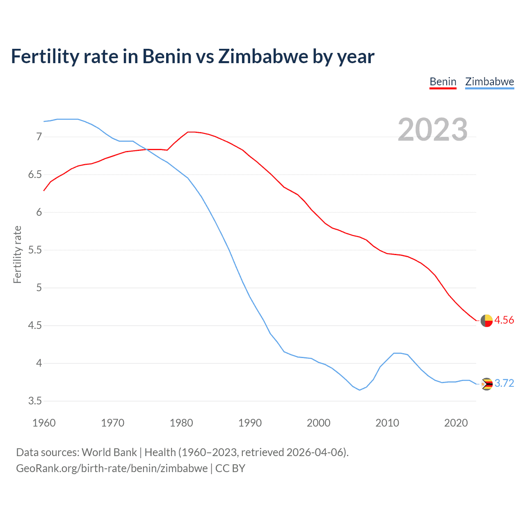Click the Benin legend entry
(443, 82)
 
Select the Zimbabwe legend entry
(489, 82)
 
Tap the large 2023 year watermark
(432, 130)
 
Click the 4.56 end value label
(504, 320)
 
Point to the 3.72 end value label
(504, 383)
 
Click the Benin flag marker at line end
(486, 320)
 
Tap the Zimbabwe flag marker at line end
(486, 384)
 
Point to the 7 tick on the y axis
(39, 137)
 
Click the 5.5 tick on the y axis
(35, 250)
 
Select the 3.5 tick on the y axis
(35, 401)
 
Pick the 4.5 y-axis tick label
(35, 325)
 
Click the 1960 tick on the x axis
(44, 423)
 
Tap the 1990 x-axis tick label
(250, 423)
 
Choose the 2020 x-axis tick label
(456, 423)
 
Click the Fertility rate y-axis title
(17, 254)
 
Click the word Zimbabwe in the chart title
(262, 56)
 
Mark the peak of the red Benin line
(188, 132)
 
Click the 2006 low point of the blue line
(360, 390)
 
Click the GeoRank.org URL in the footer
(112, 468)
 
